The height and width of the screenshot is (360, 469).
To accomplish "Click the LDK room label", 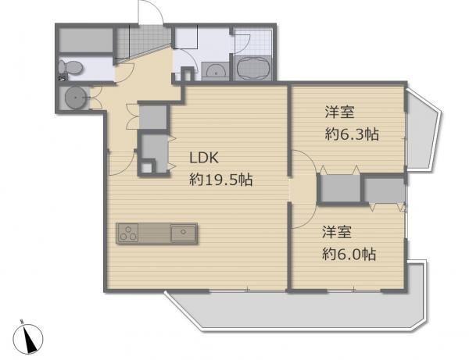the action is (204, 158).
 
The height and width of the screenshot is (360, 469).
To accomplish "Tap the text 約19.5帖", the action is (221, 180).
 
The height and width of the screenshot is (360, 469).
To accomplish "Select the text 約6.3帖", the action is (352, 134).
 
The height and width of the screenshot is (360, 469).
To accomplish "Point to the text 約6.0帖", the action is (349, 255).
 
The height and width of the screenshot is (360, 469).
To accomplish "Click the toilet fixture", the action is (70, 67).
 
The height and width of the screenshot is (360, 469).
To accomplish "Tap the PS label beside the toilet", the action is (62, 79).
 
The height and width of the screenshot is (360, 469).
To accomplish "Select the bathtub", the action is (253, 67).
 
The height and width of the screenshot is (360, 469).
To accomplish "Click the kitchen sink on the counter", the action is (183, 233).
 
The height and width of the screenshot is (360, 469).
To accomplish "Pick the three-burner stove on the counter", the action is (129, 233).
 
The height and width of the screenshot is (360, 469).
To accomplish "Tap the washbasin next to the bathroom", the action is (216, 71).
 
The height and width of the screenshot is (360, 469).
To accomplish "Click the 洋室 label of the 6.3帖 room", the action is (340, 112).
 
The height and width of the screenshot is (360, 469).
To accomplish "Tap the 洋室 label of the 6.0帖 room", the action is (337, 233).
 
